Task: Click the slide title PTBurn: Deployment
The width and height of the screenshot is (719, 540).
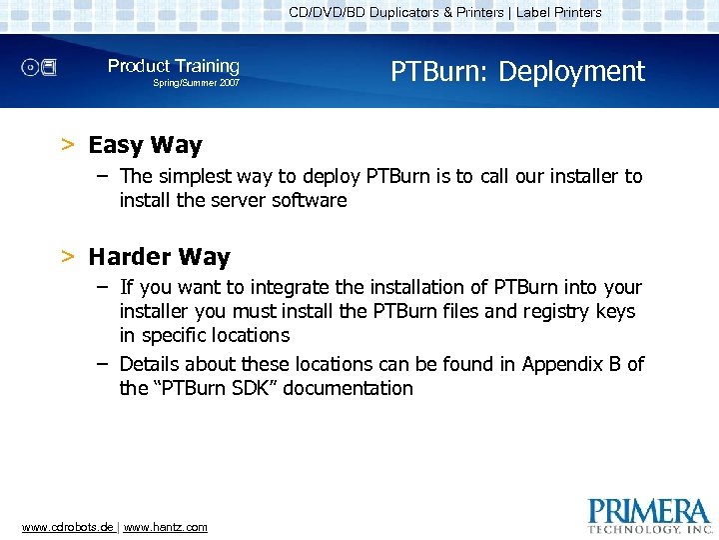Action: tap(517, 72)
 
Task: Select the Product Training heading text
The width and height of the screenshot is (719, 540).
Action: tap(174, 66)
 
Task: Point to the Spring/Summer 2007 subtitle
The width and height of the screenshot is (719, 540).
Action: tap(196, 83)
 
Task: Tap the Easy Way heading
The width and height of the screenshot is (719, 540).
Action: tap(145, 145)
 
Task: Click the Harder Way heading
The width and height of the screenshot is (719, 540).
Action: tap(159, 257)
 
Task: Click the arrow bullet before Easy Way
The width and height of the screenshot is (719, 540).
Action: tap(68, 145)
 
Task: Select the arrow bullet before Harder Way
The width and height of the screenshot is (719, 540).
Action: tap(68, 257)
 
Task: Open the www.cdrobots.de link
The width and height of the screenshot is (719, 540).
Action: tap(68, 527)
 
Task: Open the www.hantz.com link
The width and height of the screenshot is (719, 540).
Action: tap(165, 527)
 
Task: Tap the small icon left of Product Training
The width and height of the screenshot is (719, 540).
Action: tap(41, 68)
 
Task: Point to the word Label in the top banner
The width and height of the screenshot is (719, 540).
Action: tap(535, 13)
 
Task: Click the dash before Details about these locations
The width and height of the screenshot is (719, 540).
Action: tap(103, 363)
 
